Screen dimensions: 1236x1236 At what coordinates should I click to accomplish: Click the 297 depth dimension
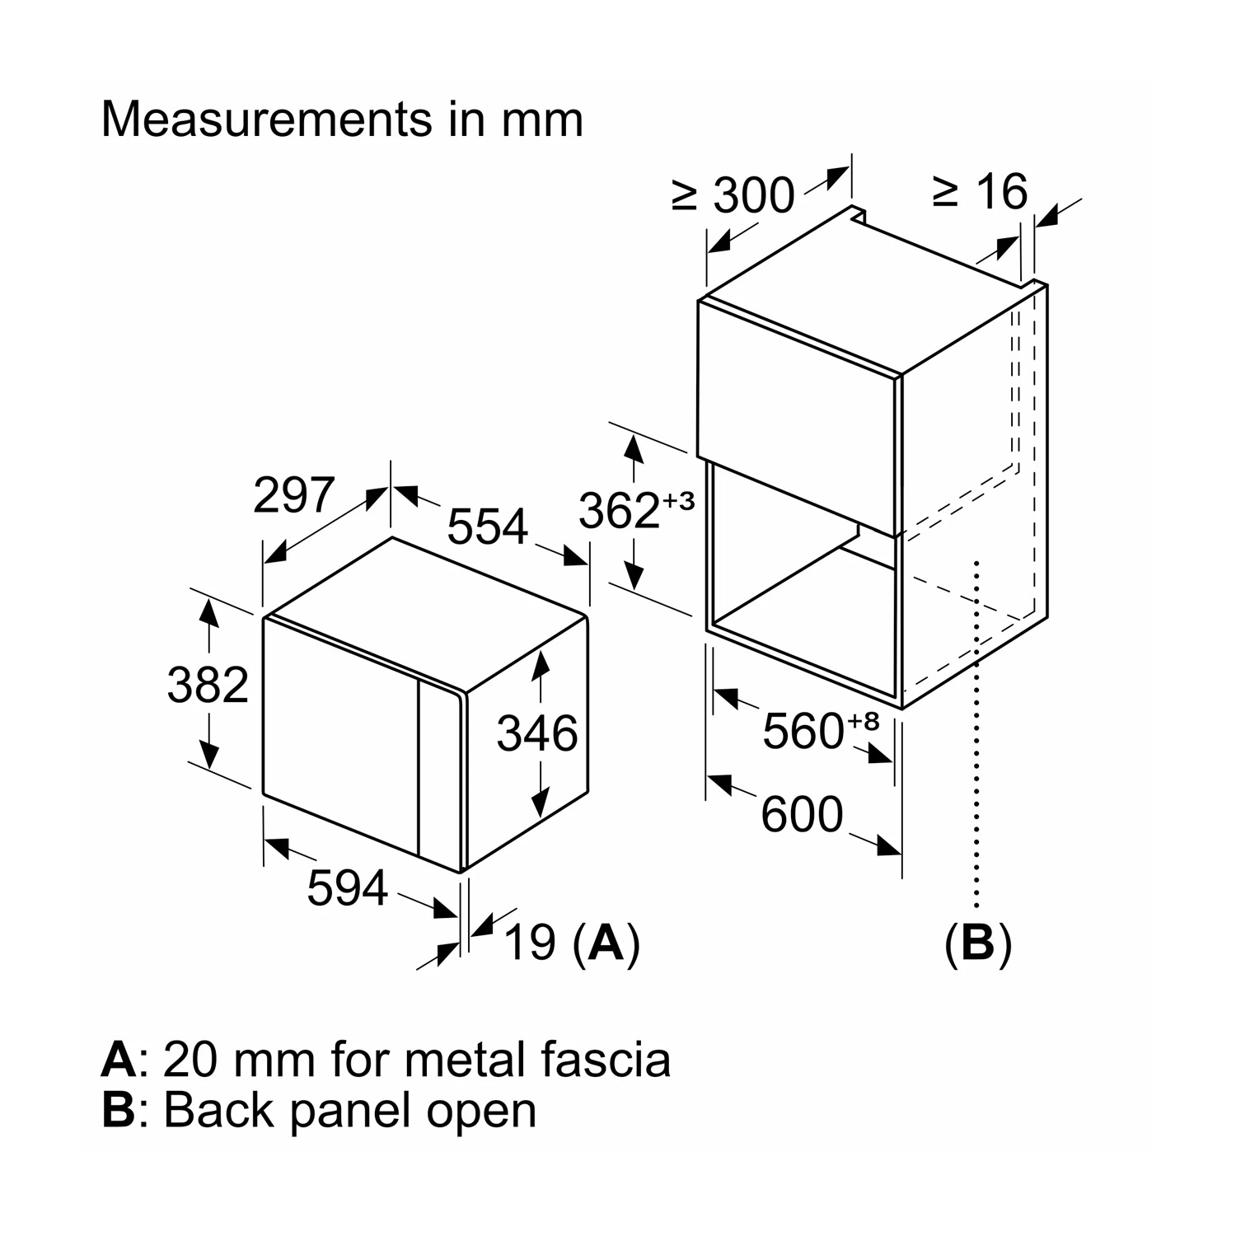[x=293, y=495]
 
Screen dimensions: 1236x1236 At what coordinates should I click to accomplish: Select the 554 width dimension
[x=487, y=527]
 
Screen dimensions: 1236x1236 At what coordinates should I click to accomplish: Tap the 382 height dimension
[x=208, y=685]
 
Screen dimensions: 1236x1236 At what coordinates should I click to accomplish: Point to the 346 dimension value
[x=537, y=733]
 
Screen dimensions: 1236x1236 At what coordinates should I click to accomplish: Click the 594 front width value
[x=347, y=888]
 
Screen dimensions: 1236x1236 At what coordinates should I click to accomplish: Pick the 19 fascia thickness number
[x=529, y=943]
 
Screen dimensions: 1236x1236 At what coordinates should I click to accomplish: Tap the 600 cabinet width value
[x=802, y=814]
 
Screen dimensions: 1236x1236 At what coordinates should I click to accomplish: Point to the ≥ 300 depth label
[x=733, y=195]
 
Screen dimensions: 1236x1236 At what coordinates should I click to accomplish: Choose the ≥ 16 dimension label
[x=980, y=191]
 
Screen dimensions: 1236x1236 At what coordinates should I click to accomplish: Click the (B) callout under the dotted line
[x=978, y=943]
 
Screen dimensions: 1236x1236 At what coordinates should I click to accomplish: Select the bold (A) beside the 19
[x=606, y=943]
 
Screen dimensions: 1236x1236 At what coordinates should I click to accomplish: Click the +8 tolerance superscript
[x=864, y=721]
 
